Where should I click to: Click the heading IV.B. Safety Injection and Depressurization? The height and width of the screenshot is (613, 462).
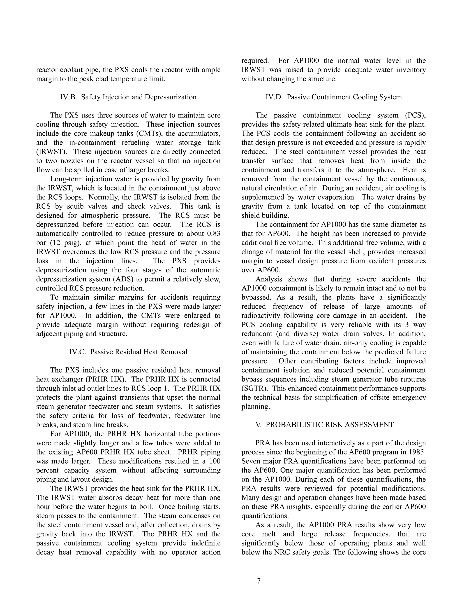[128, 97]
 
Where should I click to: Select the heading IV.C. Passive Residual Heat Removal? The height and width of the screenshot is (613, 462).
[128, 352]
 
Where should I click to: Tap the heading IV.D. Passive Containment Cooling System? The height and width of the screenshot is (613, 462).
[334, 97]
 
